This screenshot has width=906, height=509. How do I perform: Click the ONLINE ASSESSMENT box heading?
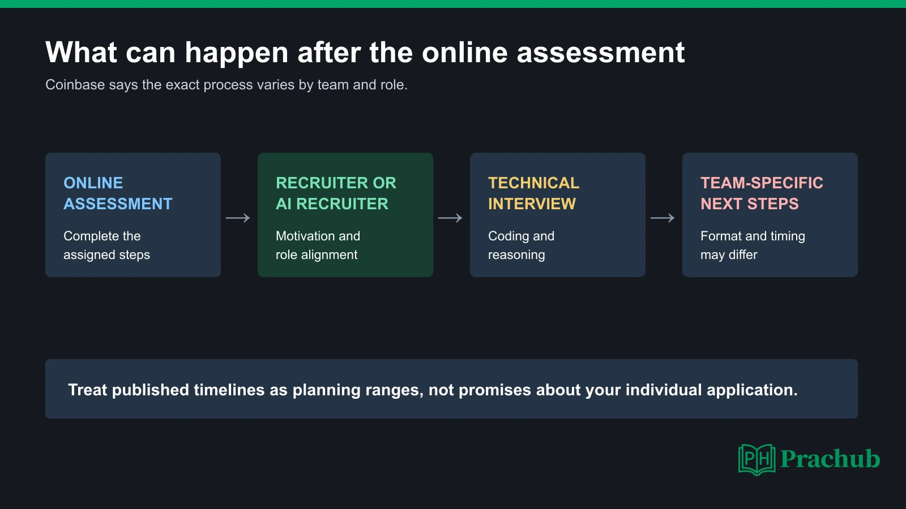click(118, 193)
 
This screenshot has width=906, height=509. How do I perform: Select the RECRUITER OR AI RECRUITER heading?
click(336, 193)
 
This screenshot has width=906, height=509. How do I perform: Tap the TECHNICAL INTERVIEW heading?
click(533, 193)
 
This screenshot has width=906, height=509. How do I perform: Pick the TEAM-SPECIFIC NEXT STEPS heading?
click(762, 193)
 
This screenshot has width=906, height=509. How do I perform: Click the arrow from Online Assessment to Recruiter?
click(238, 218)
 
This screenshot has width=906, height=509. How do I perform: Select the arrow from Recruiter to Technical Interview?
click(450, 218)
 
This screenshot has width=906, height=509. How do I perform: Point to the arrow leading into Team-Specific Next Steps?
click(663, 218)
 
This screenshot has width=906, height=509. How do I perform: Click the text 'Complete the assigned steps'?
click(107, 245)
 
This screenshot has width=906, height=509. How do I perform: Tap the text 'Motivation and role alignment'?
click(318, 245)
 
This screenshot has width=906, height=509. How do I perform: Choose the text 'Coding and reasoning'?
click(522, 245)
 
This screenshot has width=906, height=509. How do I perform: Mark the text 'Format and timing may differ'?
click(753, 245)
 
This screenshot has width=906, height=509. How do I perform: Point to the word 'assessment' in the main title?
click(601, 53)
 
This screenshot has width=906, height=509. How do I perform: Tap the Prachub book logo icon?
click(757, 460)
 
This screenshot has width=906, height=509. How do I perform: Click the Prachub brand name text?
click(830, 459)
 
